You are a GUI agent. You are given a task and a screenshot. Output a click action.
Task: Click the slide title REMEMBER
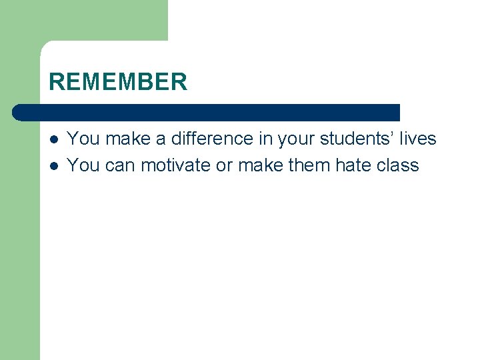tap(118, 82)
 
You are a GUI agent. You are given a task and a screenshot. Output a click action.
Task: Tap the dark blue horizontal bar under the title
tap(207, 112)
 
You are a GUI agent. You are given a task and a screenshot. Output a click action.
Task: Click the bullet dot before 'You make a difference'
tap(53, 139)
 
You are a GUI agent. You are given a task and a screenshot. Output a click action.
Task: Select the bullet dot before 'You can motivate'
tap(53, 165)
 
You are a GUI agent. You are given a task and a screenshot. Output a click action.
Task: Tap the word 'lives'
tap(418, 139)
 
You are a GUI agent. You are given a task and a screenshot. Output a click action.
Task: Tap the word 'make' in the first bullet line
tap(128, 139)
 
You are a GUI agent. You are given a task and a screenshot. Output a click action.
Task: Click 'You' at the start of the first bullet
tap(83, 139)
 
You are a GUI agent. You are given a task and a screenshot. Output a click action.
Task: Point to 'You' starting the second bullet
tap(83, 165)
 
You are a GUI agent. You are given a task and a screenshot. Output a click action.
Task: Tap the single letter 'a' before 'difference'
tap(161, 139)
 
